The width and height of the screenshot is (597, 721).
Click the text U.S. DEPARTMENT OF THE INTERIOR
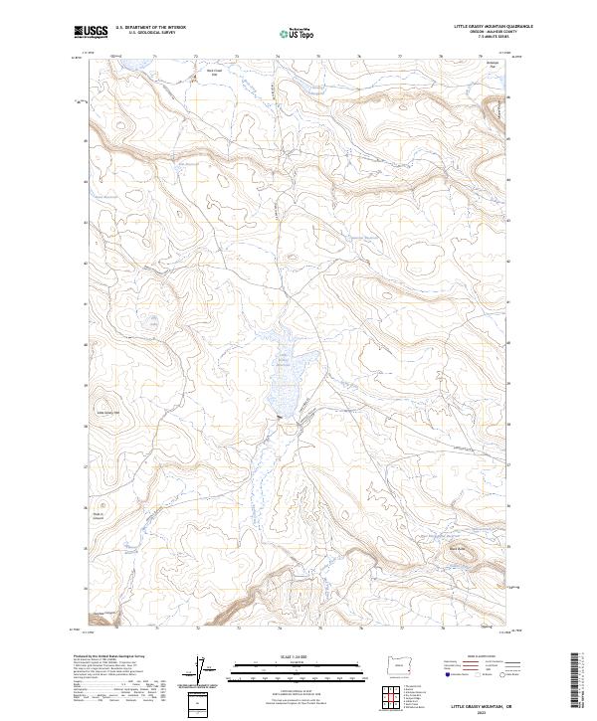[x=150, y=27]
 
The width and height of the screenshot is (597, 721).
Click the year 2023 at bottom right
[x=483, y=713]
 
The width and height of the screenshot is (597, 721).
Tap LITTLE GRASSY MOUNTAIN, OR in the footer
[x=483, y=706]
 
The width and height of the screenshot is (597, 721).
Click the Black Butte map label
[x=457, y=546]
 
